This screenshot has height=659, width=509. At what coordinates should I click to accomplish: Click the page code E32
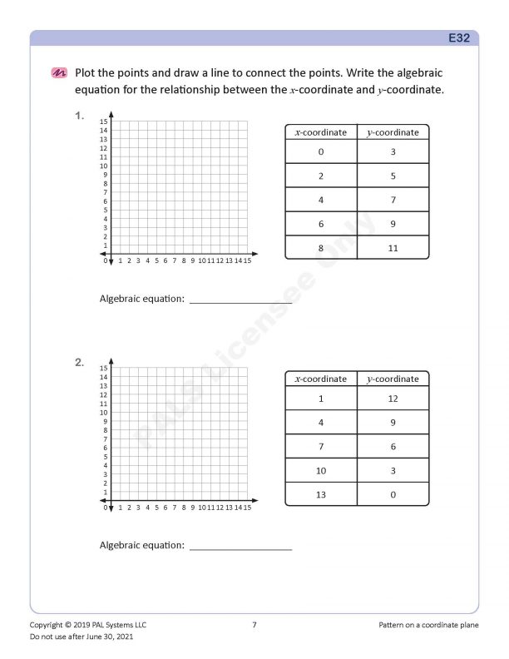[459, 38]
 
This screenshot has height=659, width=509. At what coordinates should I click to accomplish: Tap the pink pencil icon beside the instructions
[59, 73]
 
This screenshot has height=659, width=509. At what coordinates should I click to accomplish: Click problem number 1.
[79, 116]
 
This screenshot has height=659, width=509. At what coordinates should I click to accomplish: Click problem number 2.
[79, 363]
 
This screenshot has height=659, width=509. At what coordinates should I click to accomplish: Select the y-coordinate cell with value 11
[393, 248]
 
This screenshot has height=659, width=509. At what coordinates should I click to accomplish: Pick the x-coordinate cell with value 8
[321, 248]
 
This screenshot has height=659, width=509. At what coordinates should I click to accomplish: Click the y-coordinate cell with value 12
[393, 399]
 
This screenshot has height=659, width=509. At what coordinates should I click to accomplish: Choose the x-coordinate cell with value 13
[321, 494]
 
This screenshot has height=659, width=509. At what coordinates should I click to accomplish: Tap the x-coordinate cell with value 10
[321, 470]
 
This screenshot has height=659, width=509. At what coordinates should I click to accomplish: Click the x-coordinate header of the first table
[321, 132]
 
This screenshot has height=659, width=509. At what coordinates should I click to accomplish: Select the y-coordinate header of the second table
[393, 379]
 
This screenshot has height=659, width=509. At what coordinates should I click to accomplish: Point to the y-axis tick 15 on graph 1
[104, 121]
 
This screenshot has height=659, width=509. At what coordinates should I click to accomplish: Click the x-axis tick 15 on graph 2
[247, 507]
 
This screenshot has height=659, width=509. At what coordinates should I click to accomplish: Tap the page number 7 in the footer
[254, 624]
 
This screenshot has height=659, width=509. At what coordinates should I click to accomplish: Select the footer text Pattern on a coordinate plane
[428, 624]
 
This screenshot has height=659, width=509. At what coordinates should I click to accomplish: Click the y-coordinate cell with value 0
[393, 494]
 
